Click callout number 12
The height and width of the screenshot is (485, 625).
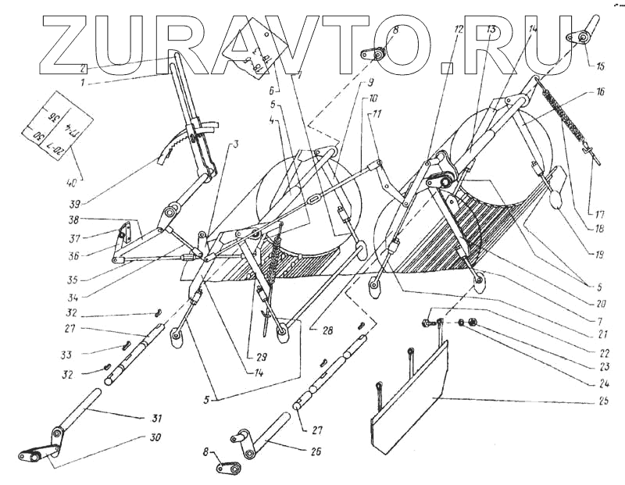point(457,30)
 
